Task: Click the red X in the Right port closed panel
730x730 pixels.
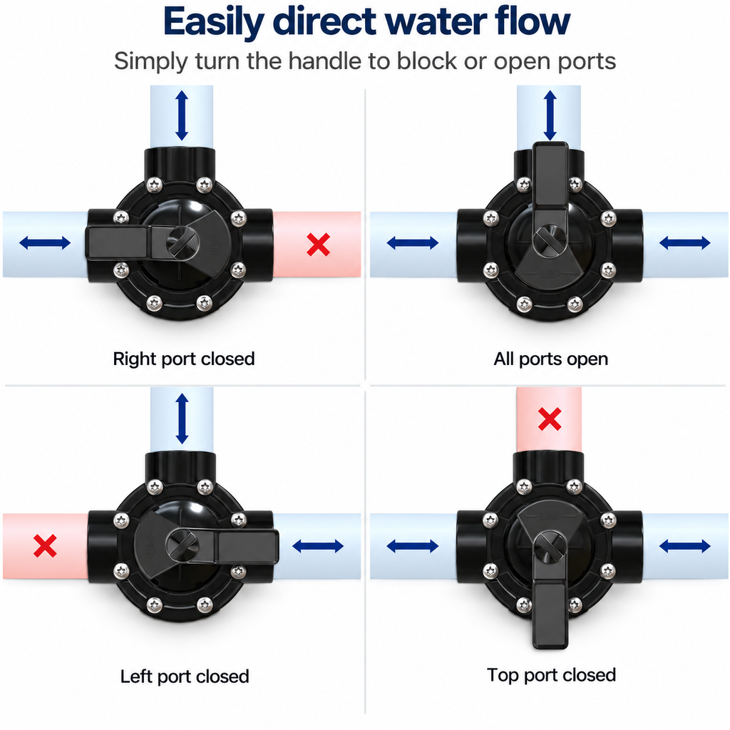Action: coord(319,245)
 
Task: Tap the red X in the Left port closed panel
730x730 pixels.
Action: coord(45,545)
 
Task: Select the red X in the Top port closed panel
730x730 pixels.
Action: coord(550,418)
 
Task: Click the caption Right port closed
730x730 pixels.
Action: coord(184,359)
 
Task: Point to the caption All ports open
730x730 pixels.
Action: coord(551,359)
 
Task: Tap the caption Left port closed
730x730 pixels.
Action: coord(185,677)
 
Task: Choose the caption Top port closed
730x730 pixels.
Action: coord(551,675)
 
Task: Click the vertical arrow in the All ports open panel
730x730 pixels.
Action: coord(550,115)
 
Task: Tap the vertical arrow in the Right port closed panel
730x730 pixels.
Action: coord(182,115)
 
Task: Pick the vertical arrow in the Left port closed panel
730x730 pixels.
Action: coord(182,418)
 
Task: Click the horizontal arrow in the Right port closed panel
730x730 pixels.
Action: coord(45,242)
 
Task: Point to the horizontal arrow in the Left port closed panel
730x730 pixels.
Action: coord(318,546)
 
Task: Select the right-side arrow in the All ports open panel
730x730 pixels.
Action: coord(685,242)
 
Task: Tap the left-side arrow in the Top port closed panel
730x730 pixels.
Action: coord(413,546)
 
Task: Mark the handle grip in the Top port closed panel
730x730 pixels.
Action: coord(550,615)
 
